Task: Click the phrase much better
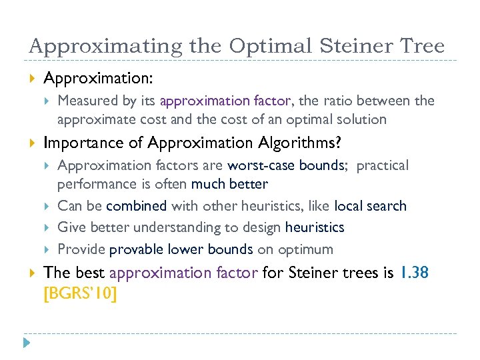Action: [229, 184]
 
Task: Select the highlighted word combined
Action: [137, 206]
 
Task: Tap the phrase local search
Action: [370, 206]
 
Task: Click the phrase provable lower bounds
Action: [181, 249]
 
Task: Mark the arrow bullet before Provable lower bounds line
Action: [47, 249]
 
